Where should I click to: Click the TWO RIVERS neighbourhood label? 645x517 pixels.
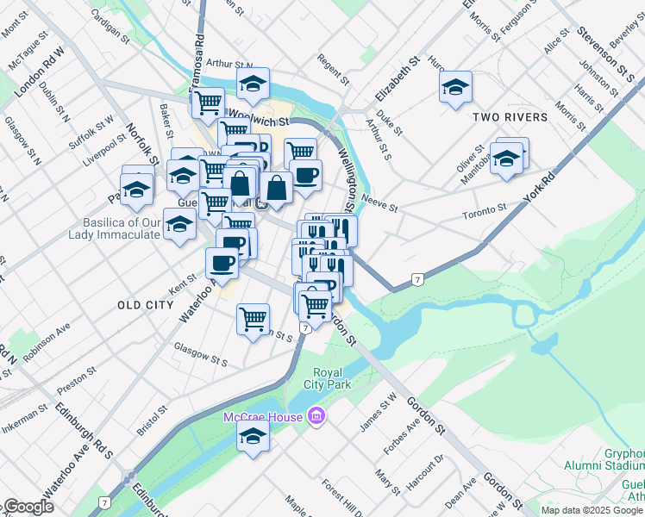click(509, 117)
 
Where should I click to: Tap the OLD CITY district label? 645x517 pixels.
click(145, 305)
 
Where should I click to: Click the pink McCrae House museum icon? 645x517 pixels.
click(316, 417)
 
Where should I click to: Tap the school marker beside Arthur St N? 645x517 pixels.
click(253, 84)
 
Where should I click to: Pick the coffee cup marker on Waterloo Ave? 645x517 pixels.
click(222, 263)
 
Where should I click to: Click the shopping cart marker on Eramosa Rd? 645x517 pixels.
click(208, 103)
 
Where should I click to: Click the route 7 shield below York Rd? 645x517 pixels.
click(417, 279)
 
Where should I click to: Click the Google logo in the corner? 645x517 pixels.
click(28, 507)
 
